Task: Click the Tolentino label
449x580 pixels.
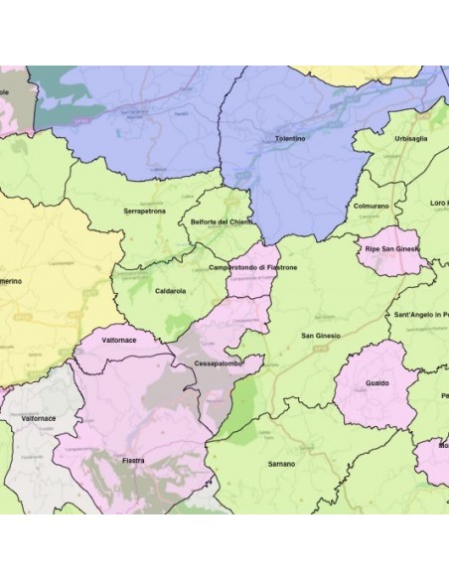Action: coord(290,141)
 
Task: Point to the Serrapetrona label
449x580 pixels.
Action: coord(144,212)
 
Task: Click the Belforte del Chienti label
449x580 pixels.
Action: coord(222,222)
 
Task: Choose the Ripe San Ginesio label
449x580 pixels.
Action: coord(393,248)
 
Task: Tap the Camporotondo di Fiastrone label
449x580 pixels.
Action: coord(253,268)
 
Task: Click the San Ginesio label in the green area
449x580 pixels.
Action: coord(321,335)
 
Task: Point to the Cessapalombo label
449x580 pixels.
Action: coord(217,363)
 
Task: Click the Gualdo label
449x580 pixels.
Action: coord(376,382)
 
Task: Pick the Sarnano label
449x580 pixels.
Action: coord(281,463)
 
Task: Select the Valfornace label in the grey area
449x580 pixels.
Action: coord(39,419)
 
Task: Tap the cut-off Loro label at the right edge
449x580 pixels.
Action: coord(438,203)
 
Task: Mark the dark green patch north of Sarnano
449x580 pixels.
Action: coord(234,417)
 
